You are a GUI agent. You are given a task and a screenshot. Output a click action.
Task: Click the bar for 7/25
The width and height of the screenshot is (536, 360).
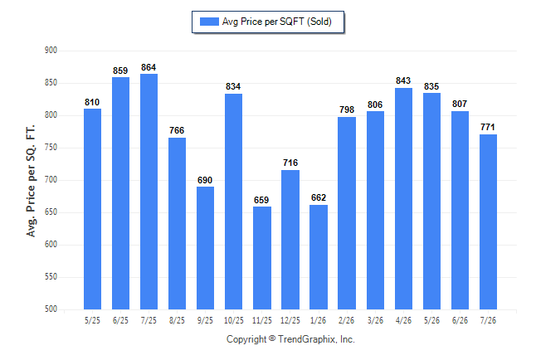pyautogui.click(x=149, y=192)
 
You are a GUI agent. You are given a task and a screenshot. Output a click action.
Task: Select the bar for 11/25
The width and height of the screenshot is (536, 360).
pyautogui.click(x=262, y=258)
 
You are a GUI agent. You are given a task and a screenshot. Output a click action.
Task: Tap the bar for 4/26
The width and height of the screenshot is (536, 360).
pyautogui.click(x=403, y=198)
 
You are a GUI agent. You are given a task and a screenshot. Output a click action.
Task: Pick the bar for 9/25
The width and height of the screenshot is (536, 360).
pyautogui.click(x=205, y=248)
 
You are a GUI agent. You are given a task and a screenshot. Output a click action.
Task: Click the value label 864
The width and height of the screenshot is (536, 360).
pyautogui.click(x=149, y=67)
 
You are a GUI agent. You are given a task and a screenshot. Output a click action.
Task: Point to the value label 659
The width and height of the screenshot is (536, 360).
pyautogui.click(x=261, y=200)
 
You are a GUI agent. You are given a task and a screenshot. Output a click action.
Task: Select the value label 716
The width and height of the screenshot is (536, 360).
pyautogui.click(x=290, y=163)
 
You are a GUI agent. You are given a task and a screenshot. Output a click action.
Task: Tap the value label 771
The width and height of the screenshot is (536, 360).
pyautogui.click(x=487, y=127)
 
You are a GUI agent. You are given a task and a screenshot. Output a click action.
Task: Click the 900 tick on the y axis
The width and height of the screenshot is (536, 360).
pyautogui.click(x=51, y=51)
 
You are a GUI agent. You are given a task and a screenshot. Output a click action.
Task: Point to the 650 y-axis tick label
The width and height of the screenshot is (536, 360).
pyautogui.click(x=51, y=212)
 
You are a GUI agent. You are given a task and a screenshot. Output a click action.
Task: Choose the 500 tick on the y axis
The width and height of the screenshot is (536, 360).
pyautogui.click(x=51, y=309)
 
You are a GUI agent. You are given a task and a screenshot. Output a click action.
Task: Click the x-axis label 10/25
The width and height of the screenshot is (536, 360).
pyautogui.click(x=234, y=320)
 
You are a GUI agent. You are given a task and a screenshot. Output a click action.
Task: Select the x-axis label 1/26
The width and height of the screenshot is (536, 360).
pyautogui.click(x=318, y=320)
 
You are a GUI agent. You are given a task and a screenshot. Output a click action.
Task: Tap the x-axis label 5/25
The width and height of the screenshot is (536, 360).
pyautogui.click(x=92, y=320)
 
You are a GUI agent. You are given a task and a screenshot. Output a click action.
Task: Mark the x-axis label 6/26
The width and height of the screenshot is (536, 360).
pyautogui.click(x=460, y=320)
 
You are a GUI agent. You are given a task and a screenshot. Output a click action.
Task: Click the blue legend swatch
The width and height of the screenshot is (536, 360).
pyautogui.click(x=209, y=22)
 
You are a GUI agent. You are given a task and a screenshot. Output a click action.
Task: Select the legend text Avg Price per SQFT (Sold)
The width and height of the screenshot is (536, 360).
pyautogui.click(x=277, y=22)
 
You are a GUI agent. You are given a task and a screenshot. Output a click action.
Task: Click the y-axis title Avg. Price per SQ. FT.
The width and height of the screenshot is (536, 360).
pyautogui.click(x=31, y=181)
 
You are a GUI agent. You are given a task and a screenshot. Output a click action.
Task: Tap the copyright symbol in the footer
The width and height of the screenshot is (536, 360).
pyautogui.click(x=272, y=338)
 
